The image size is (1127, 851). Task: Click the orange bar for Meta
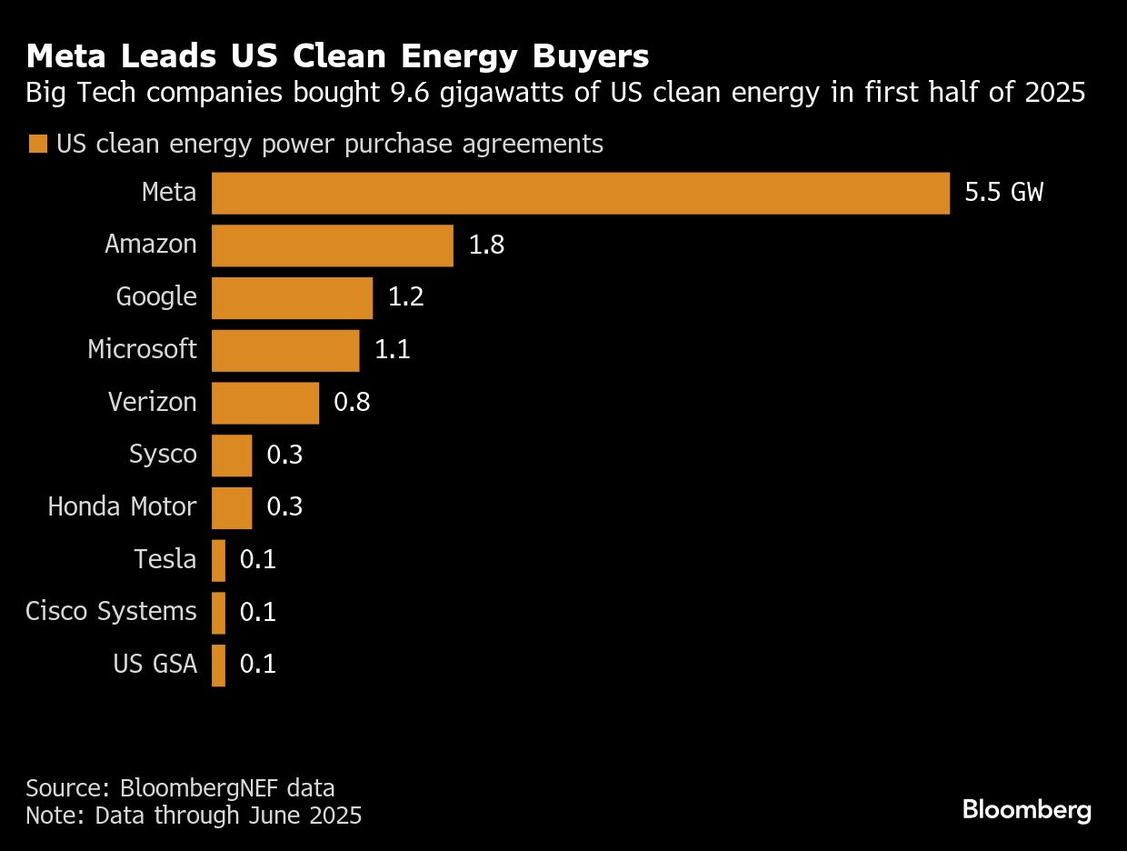580,194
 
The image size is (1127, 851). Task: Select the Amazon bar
332,245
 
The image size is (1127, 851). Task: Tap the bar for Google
292,298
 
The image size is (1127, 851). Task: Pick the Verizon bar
265,403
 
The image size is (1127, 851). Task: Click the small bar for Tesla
218,560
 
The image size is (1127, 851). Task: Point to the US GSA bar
218,665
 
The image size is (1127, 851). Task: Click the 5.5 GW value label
1003,194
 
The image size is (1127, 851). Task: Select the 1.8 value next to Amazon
486,245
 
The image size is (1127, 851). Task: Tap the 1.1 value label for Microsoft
393,350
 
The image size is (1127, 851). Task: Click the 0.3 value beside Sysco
284,455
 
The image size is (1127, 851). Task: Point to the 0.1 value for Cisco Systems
257,612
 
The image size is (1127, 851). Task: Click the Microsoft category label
142,350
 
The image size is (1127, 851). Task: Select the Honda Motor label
122,507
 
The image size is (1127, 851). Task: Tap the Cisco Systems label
111,612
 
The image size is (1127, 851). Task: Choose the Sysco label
163,455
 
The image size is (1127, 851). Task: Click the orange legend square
37,145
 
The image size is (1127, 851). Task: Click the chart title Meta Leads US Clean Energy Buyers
337,57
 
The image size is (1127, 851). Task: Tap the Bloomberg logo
1027,810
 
